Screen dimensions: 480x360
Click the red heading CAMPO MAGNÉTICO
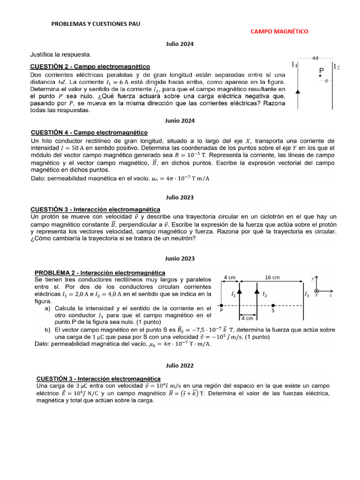click(x=279, y=31)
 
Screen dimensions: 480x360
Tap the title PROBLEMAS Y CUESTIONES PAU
click(x=96, y=24)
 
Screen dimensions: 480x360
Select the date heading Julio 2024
click(x=180, y=44)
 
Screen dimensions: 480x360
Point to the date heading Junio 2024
click(x=180, y=120)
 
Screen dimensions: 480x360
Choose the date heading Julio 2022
click(x=180, y=366)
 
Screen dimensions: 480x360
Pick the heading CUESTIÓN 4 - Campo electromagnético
click(x=89, y=133)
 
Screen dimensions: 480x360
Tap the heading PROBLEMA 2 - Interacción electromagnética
click(x=100, y=272)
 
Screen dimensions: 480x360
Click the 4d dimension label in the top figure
click(x=315, y=58)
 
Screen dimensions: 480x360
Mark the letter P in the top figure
click(x=321, y=71)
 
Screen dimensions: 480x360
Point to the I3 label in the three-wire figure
click(x=307, y=294)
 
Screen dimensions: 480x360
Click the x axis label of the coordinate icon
click(x=330, y=296)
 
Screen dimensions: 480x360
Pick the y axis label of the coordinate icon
click(x=313, y=278)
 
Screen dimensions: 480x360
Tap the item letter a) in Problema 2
click(x=47, y=308)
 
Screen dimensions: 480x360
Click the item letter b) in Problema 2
click(x=47, y=330)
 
